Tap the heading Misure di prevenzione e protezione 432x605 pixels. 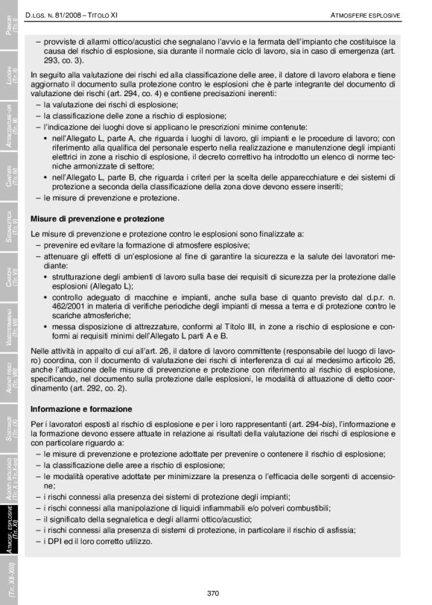coord(98,219)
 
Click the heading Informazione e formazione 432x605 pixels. coord(81,409)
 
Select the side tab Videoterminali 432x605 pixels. coord(10,323)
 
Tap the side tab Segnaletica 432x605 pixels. coord(10,225)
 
